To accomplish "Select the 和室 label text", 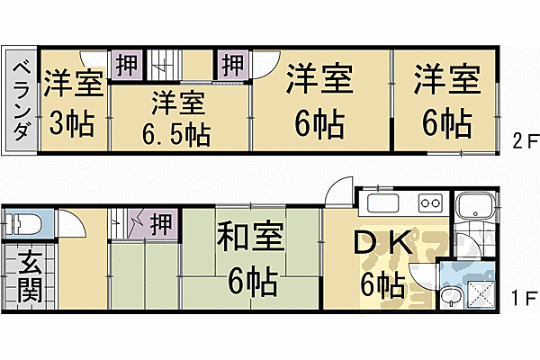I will click(x=249, y=238).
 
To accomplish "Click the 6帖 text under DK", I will click(x=382, y=286).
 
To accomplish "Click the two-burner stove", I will click(x=427, y=203).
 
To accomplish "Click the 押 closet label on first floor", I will click(x=162, y=220).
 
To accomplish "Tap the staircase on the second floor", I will click(x=161, y=66).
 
